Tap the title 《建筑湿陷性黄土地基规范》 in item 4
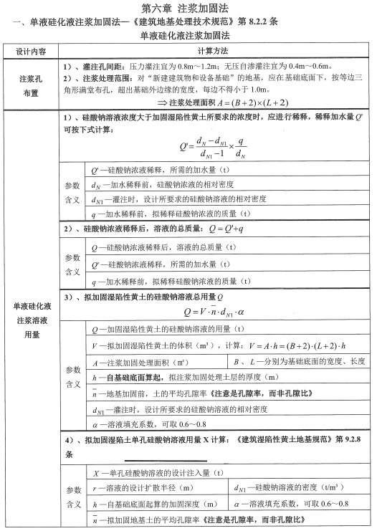click(x=295, y=439)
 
